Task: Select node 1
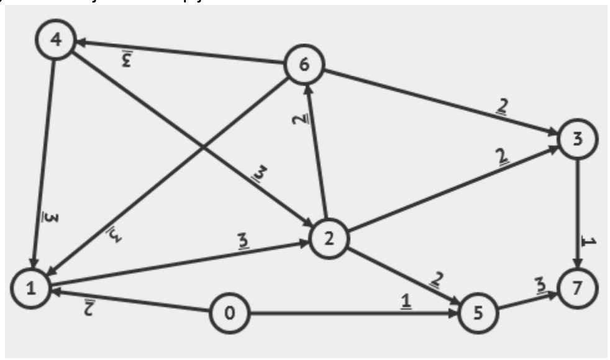30,288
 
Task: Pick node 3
578,140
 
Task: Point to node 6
304,65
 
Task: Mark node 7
578,288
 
